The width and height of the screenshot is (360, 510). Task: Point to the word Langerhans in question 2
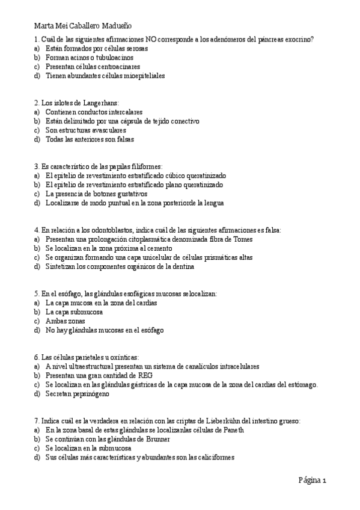[99, 103]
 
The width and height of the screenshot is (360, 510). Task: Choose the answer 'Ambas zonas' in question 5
[66, 321]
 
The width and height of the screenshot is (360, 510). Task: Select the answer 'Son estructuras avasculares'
[85, 130]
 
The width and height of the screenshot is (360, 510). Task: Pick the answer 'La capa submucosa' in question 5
[74, 312]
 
